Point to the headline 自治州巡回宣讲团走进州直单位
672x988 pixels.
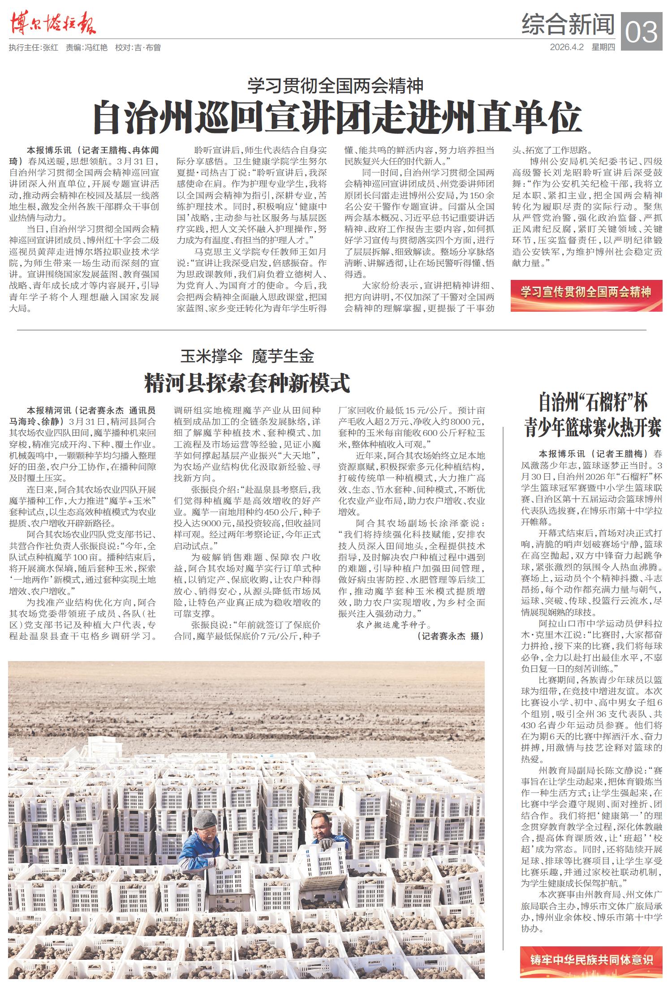coord(336,117)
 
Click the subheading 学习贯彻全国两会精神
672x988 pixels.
coord(336,86)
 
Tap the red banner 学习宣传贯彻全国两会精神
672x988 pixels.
coord(586,292)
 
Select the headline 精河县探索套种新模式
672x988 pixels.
coord(247,383)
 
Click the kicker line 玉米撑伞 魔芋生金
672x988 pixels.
coord(247,357)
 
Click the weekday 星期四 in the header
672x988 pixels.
coord(603,47)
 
